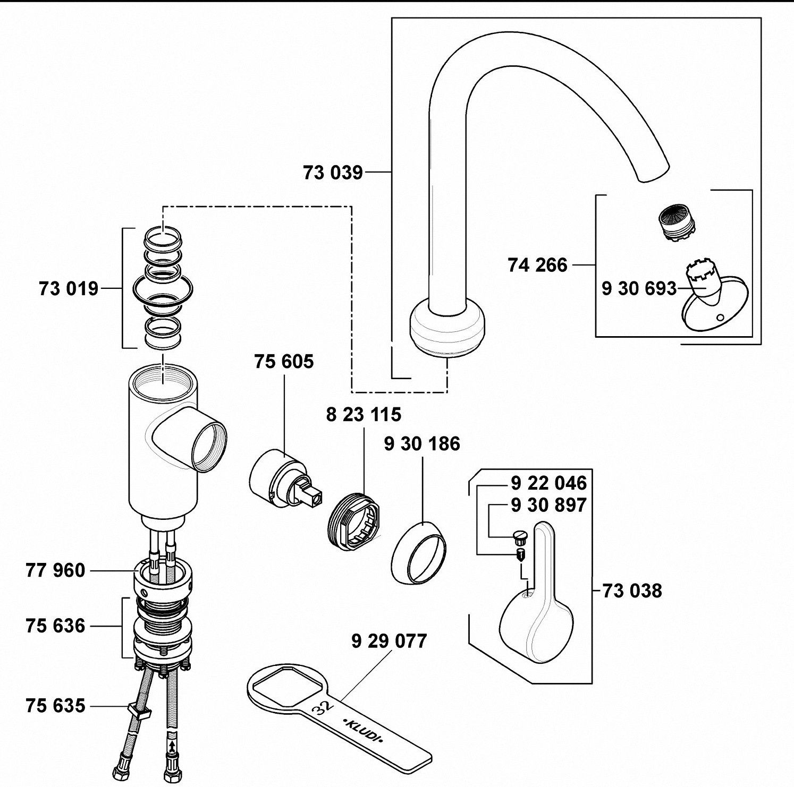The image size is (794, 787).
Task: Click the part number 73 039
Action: coord(333,173)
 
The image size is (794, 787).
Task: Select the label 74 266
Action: coord(537,264)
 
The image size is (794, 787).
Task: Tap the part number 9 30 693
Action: coord(639,288)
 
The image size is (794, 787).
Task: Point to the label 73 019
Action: coord(69,289)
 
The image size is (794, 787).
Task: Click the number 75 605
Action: coord(284,362)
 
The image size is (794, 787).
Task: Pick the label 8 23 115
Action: coord(364,414)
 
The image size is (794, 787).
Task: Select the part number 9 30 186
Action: coord(422,444)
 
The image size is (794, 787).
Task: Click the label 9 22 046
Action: coord(548,483)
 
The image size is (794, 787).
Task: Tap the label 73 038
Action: coord(632,591)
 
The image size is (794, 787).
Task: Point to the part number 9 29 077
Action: coord(389,641)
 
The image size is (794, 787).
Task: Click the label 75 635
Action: coord(55,706)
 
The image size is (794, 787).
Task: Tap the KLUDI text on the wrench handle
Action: coord(366,732)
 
